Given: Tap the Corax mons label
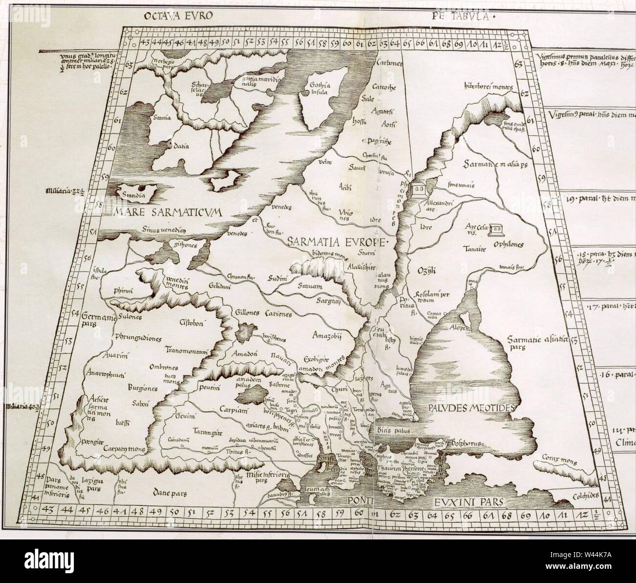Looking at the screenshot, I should pos(556,458).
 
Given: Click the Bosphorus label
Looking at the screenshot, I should pos(464,443).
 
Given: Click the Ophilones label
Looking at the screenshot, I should pos(509,243).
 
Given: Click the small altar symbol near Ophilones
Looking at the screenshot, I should pos(498,228).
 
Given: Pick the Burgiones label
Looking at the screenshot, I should pos(129,387).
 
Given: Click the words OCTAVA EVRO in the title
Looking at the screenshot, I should pos(178,15).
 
